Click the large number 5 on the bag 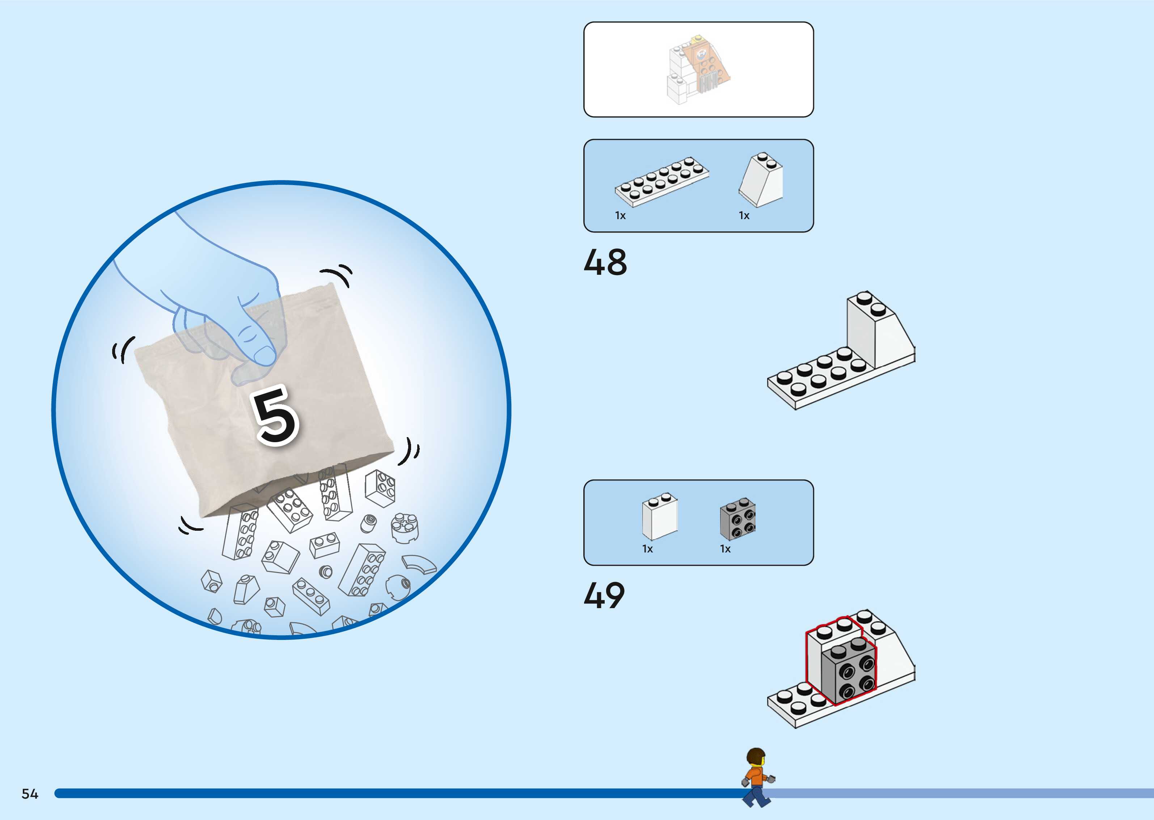[x=275, y=415]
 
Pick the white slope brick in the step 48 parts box [x=761, y=180]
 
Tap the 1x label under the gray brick [x=725, y=549]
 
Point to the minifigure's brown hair [x=755, y=756]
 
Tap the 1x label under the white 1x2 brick [x=647, y=549]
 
